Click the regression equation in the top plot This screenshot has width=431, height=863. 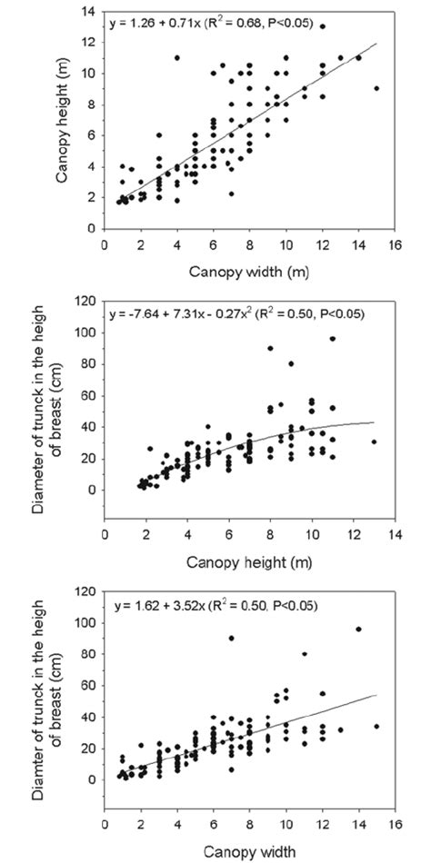coord(211,23)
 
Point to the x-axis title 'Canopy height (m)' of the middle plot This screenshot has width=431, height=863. coord(249,562)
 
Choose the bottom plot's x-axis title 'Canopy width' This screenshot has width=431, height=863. coord(249,851)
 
